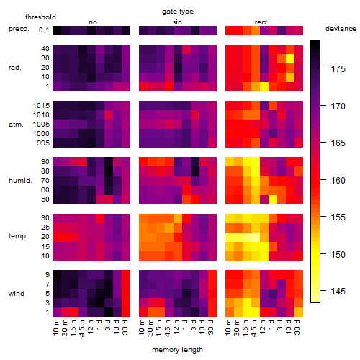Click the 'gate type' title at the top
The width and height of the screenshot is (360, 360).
click(x=178, y=12)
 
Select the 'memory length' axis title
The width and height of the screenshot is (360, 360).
click(x=177, y=350)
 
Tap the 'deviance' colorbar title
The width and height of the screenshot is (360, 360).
click(x=341, y=29)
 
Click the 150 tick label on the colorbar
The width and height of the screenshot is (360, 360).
click(x=338, y=254)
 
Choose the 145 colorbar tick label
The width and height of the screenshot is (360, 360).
click(x=338, y=292)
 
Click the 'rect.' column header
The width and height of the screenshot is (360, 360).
click(x=262, y=22)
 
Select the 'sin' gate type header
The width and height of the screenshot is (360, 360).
click(x=177, y=22)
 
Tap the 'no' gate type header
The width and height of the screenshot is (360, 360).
click(x=93, y=22)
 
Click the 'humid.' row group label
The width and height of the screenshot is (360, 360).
click(x=20, y=181)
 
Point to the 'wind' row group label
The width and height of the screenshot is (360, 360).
click(x=17, y=294)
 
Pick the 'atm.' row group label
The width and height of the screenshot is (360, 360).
click(x=16, y=125)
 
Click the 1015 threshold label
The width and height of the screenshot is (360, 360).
click(x=41, y=106)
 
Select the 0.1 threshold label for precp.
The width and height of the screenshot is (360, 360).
click(x=44, y=30)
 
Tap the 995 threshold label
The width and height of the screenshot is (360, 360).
click(x=43, y=143)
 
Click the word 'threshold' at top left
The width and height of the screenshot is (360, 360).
click(x=40, y=17)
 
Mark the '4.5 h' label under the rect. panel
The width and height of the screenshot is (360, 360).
click(x=254, y=328)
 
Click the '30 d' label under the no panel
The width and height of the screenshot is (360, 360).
click(x=125, y=327)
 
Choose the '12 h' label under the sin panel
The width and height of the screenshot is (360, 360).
click(x=176, y=327)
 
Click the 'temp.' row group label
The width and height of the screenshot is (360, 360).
click(x=18, y=236)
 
